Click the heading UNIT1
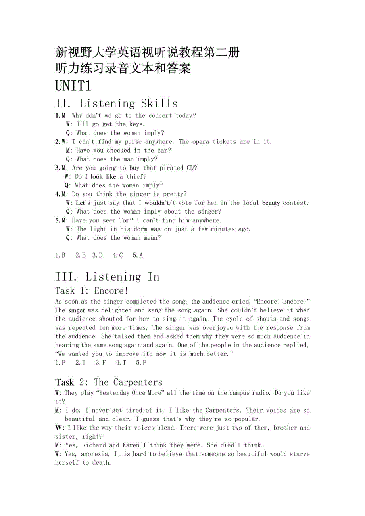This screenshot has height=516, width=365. (73, 86)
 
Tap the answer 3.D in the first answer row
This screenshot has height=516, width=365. (98, 256)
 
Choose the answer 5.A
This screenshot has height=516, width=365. (138, 256)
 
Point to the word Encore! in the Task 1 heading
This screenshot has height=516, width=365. (111, 291)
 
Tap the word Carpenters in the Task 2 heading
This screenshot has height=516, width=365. (138, 382)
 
